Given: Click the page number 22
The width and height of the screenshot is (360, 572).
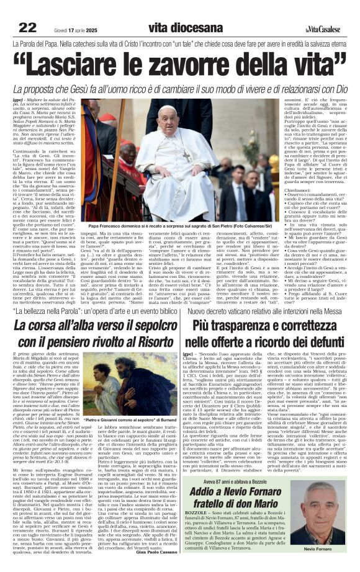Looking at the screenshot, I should (27, 27).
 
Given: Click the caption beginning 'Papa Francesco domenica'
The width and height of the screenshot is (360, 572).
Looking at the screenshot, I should (179, 228).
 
